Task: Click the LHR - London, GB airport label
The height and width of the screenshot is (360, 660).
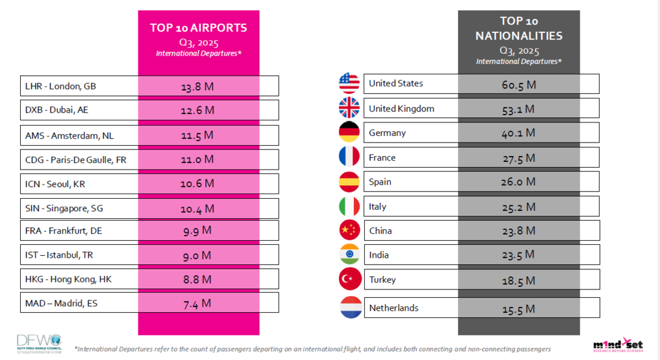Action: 60,86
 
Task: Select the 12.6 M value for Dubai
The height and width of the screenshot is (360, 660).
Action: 197,110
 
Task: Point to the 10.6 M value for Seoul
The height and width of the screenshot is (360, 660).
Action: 197,184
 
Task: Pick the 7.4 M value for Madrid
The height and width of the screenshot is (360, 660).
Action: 197,303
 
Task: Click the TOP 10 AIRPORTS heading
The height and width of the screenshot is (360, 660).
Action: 199,28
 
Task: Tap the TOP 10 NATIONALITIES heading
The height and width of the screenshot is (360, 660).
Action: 519,28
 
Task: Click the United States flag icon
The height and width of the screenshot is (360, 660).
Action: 349,84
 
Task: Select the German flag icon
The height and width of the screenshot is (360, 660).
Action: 349,133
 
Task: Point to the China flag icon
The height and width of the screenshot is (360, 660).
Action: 349,231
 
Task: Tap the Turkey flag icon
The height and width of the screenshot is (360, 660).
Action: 349,279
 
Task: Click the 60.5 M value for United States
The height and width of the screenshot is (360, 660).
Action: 519,84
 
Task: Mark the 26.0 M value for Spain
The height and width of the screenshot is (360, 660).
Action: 519,182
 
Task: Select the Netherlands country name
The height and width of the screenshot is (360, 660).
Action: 393,308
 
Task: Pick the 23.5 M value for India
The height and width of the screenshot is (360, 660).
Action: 519,255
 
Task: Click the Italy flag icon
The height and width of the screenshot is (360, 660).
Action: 349,206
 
